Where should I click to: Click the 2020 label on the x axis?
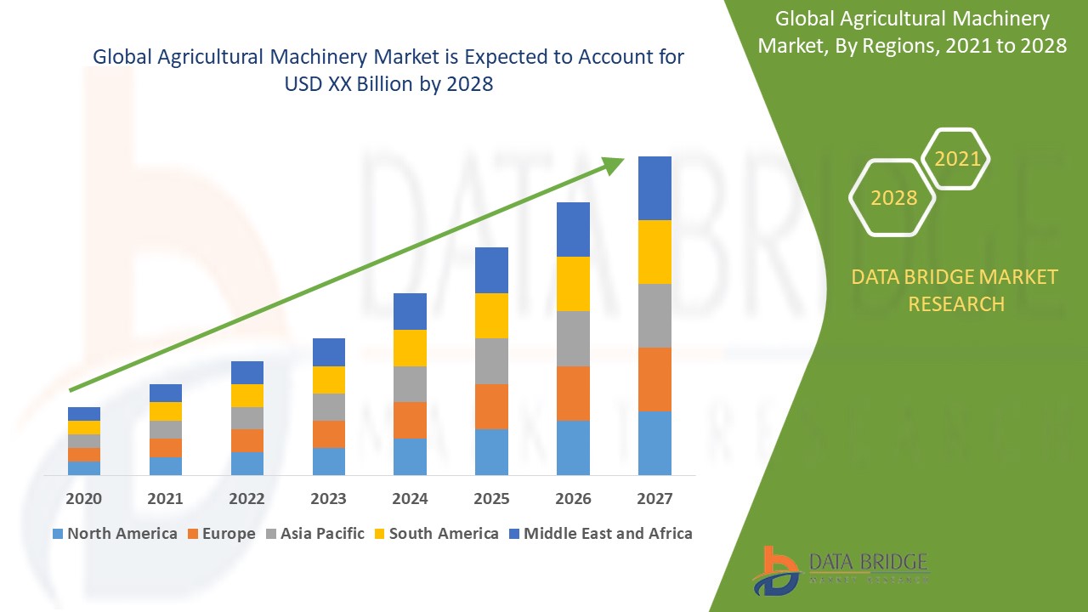[84, 499]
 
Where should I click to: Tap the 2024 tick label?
[410, 499]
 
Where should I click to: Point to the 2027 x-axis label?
[654, 499]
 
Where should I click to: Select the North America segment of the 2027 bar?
[654, 443]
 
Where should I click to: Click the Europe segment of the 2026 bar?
[573, 394]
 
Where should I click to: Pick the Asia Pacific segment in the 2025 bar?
[491, 361]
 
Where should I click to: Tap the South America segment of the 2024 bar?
[410, 348]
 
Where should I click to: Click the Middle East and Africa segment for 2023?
[329, 352]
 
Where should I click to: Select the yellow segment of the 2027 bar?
[654, 252]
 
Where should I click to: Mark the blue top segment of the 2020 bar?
[84, 414]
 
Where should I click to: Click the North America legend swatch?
[58, 534]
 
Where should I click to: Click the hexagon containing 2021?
[956, 159]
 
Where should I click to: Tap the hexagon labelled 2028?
[892, 197]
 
